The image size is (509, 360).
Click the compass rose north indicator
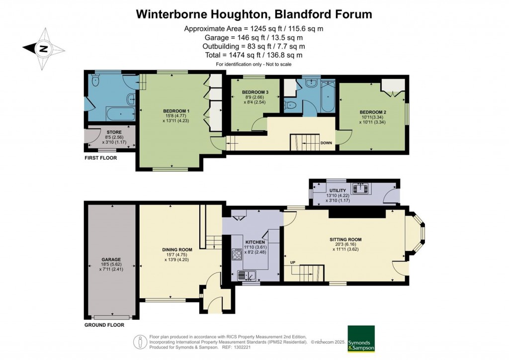point(44,48)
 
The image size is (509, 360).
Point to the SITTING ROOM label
point(345,239)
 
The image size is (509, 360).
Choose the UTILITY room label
point(338,190)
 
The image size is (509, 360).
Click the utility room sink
point(359,188)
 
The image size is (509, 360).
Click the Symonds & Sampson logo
point(361,339)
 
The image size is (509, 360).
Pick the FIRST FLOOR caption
point(100,158)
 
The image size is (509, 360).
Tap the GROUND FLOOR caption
point(104,325)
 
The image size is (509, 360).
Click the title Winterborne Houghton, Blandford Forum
point(254,14)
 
